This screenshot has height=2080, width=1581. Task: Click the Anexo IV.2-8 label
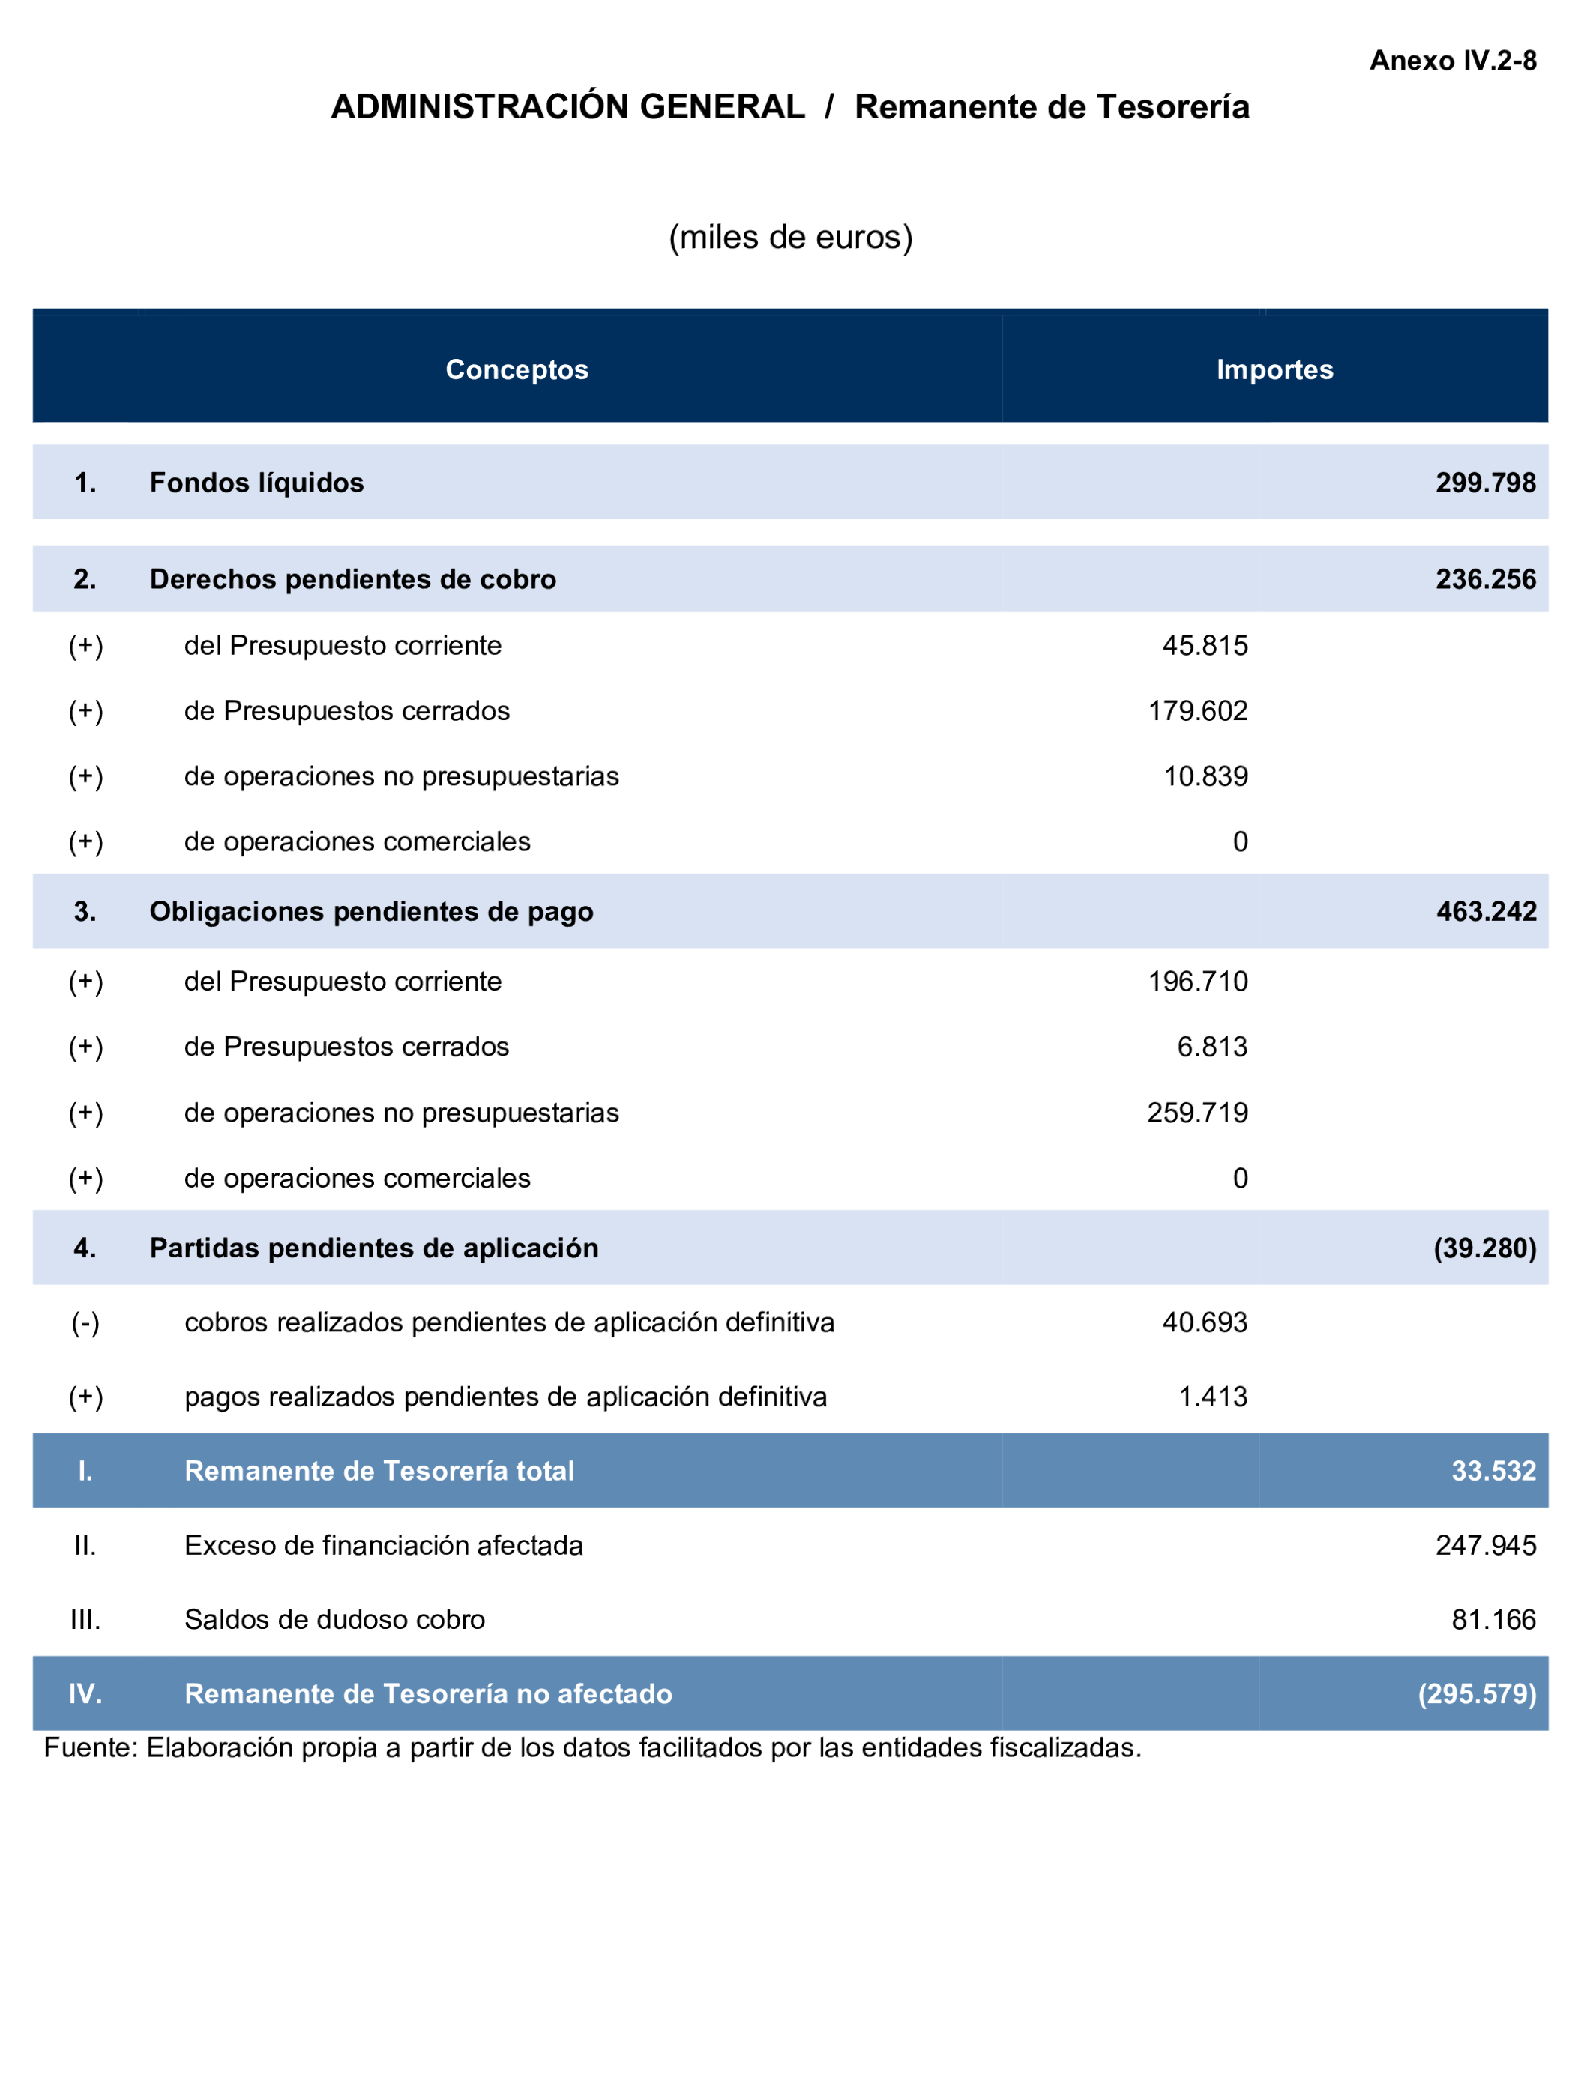click(1452, 61)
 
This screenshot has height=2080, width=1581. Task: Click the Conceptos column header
click(517, 369)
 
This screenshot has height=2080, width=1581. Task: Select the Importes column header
click(1274, 369)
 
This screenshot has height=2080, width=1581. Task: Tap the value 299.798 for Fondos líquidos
click(1485, 483)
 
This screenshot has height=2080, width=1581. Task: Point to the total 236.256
click(1485, 579)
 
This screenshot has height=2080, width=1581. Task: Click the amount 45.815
click(1205, 645)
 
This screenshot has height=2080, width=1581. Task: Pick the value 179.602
click(1197, 710)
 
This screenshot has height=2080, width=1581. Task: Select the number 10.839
click(1205, 776)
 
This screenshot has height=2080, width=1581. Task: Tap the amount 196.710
click(1197, 982)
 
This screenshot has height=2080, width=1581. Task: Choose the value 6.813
click(1212, 1046)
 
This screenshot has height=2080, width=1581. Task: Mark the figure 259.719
click(1197, 1113)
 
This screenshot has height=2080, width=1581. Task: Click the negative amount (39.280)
click(1484, 1248)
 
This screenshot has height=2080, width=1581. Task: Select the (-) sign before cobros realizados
click(85, 1322)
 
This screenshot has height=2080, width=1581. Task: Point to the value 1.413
click(1213, 1397)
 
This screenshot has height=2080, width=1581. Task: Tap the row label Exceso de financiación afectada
click(384, 1545)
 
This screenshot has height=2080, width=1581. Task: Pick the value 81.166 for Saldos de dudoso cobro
click(1493, 1619)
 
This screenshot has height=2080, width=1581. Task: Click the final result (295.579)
click(1477, 1693)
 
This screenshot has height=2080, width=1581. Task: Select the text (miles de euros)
click(790, 237)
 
